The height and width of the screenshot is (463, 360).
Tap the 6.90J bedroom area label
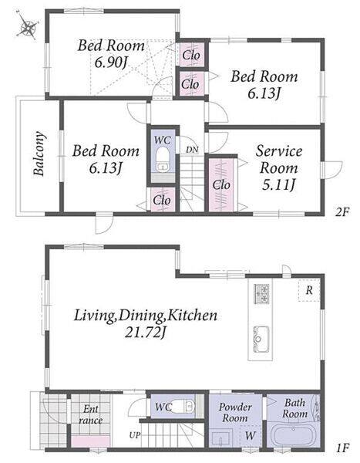pyautogui.click(x=111, y=62)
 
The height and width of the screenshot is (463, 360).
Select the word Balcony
pyautogui.click(x=39, y=154)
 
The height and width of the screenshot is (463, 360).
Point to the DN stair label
pyautogui.click(x=192, y=150)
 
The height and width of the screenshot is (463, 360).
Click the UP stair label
pyautogui.click(x=135, y=435)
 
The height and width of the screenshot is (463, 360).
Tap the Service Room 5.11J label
pyautogui.click(x=278, y=167)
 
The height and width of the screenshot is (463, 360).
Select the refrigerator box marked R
pyautogui.click(x=309, y=290)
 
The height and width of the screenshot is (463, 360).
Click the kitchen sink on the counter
pyautogui.click(x=261, y=339)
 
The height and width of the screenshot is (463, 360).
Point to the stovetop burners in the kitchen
pyautogui.click(x=261, y=294)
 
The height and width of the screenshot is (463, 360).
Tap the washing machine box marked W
pyautogui.click(x=251, y=436)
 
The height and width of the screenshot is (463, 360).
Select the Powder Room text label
pyautogui.click(x=235, y=412)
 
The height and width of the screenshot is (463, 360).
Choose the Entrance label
pyautogui.click(x=91, y=414)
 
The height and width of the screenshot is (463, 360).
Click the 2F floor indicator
pyautogui.click(x=342, y=211)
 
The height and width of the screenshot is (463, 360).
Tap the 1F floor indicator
pyautogui.click(x=343, y=448)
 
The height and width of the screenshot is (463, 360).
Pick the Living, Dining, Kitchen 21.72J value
pyautogui.click(x=146, y=333)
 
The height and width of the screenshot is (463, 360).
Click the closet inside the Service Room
pyautogui.click(x=221, y=185)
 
